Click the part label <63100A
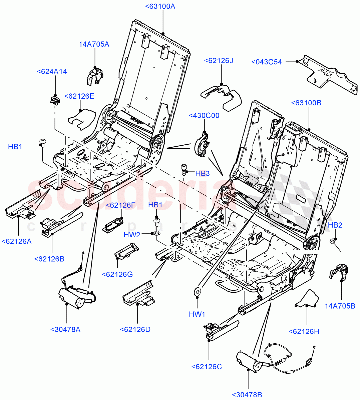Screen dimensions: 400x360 pyautogui.click(x=160, y=6)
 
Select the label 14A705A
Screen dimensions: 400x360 pyautogui.click(x=94, y=44)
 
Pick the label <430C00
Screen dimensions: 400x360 pyautogui.click(x=204, y=116)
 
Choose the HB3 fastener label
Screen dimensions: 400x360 pyautogui.click(x=202, y=173)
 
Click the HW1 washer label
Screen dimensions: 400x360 pyautogui.click(x=197, y=314)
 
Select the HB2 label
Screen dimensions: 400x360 pyautogui.click(x=335, y=225)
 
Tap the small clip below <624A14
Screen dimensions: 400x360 pyautogui.click(x=55, y=99)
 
